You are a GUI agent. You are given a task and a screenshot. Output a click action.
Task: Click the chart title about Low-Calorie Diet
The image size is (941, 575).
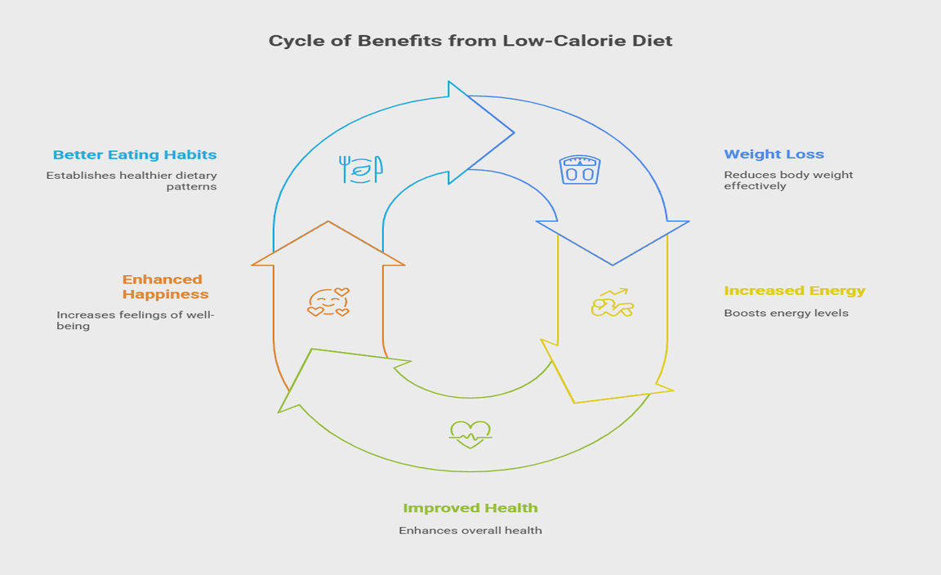click(470, 41)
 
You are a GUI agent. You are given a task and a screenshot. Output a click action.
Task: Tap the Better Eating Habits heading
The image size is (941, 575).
click(135, 154)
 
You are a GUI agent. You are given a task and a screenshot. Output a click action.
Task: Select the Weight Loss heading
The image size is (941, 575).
click(774, 154)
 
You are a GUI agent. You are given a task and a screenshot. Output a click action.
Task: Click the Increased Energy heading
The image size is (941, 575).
click(794, 291)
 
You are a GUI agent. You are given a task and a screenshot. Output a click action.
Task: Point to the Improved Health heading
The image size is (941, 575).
click(470, 508)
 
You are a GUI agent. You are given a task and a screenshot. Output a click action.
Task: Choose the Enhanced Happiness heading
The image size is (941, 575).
click(164, 287)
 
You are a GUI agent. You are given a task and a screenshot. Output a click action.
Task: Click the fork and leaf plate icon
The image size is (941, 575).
click(360, 169)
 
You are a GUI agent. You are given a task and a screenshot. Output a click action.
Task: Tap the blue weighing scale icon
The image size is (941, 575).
click(580, 170)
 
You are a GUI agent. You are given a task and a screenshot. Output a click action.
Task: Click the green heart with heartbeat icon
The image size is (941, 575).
click(470, 432)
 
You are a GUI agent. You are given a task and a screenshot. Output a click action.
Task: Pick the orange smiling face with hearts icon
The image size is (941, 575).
click(328, 302)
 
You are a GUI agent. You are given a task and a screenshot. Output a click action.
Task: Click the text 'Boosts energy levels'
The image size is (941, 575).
click(786, 314)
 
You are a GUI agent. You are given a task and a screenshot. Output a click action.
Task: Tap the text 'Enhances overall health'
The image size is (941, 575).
click(470, 531)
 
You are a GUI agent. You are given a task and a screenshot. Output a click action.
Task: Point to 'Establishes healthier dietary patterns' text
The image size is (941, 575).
click(132, 181)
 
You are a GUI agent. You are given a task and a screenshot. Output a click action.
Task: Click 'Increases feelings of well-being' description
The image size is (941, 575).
click(135, 320)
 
